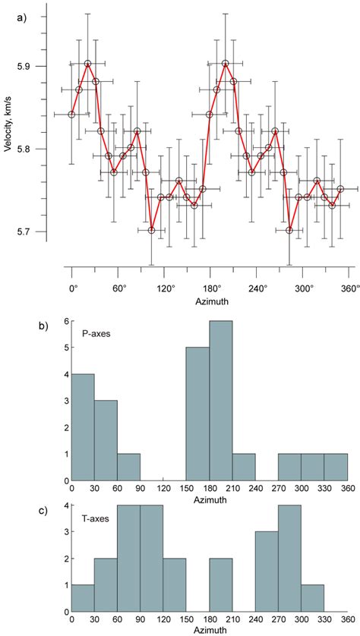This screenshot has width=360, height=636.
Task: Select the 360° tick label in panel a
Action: click(x=349, y=289)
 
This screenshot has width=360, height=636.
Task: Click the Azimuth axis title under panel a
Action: click(x=210, y=302)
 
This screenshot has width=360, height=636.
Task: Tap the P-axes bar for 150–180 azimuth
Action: click(x=197, y=414)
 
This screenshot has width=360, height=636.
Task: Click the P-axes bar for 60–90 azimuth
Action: click(x=128, y=468)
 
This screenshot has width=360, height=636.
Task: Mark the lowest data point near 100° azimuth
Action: click(x=152, y=230)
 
